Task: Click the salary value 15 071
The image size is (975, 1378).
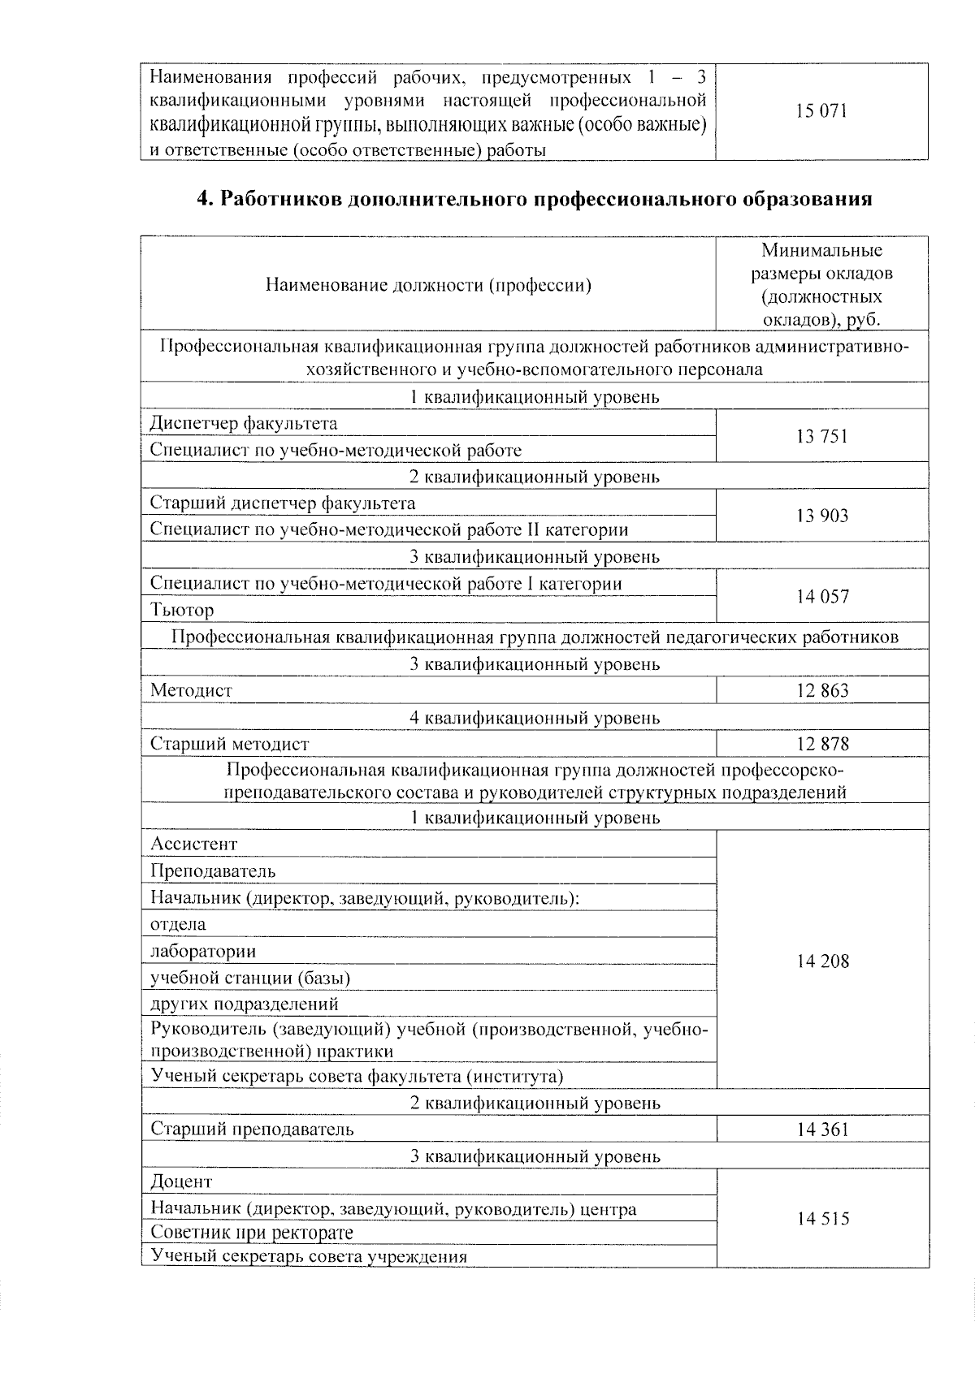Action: (x=822, y=111)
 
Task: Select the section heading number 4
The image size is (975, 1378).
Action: (x=205, y=200)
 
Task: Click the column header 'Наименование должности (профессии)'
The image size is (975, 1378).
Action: (x=428, y=285)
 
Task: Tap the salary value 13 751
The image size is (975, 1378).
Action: (x=822, y=437)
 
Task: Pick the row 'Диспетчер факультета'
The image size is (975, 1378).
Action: (x=244, y=423)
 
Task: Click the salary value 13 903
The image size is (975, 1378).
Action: (x=822, y=516)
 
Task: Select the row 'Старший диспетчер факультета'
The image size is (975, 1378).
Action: (x=283, y=503)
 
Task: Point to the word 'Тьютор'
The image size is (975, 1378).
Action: (x=182, y=610)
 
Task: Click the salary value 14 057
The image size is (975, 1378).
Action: (x=822, y=597)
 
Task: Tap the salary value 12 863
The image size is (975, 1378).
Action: (x=822, y=691)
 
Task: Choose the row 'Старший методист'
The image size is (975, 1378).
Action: (x=230, y=744)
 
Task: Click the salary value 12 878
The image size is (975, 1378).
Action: (x=822, y=744)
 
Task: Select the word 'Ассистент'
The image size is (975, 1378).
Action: (x=194, y=844)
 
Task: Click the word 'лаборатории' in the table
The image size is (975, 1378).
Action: (x=203, y=951)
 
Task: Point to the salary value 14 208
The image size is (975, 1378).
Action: (x=822, y=961)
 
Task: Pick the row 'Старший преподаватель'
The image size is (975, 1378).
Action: (x=252, y=1129)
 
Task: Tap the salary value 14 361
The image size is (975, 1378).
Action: (x=822, y=1129)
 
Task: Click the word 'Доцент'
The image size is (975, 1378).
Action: (x=181, y=1181)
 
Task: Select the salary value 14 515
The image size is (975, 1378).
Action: (x=822, y=1219)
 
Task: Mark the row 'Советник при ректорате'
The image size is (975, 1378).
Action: (x=252, y=1233)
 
